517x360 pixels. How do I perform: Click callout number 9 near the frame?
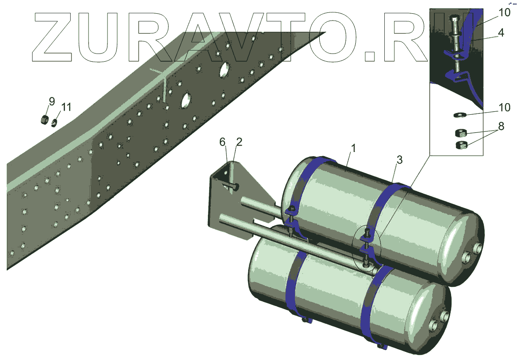click(x=52, y=102)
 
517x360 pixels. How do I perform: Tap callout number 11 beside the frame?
click(x=66, y=107)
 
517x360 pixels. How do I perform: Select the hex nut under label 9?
click(x=44, y=120)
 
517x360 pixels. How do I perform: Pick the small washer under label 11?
click(x=54, y=123)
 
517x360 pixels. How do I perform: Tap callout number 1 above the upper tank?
click(x=353, y=149)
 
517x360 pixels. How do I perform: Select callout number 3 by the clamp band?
click(x=399, y=161)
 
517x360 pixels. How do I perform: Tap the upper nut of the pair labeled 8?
click(x=461, y=133)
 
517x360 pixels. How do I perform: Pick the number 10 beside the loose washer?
click(x=505, y=107)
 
